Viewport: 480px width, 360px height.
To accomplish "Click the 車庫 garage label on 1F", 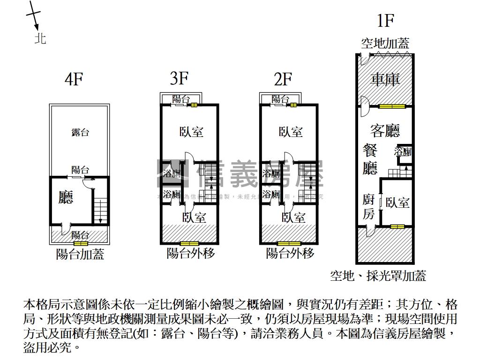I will point(385,79).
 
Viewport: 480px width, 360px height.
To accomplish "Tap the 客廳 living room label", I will point(385,130).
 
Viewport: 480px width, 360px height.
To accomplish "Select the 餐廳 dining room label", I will point(370,159).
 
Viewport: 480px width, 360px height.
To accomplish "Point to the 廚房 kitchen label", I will point(369,207).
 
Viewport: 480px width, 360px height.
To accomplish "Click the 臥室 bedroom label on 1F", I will point(397,202).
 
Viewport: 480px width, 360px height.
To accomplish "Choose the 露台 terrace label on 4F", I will point(80,132).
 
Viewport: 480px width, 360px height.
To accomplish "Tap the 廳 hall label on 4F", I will point(66,197).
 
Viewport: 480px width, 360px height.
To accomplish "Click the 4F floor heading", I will point(73,79).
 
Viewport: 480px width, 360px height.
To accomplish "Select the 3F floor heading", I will point(179,78).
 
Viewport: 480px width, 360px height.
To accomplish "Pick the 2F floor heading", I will point(283,79).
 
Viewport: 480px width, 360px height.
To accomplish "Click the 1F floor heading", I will point(385,21).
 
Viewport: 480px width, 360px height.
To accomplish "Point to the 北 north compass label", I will point(40,38).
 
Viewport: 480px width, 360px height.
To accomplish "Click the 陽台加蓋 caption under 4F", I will point(80,255).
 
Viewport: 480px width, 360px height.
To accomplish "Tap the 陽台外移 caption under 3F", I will point(190,254).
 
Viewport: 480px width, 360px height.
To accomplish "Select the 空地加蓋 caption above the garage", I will point(385,44).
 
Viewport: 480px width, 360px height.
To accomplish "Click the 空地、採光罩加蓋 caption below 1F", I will point(378,276).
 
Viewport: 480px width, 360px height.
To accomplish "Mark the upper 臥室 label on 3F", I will point(191,132).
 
